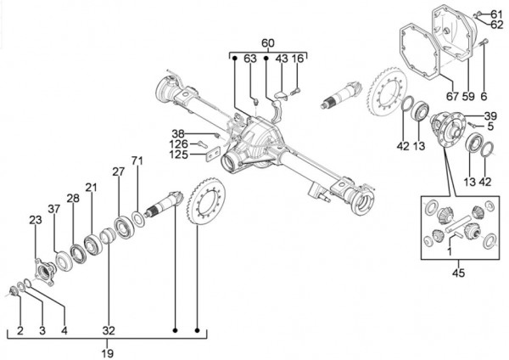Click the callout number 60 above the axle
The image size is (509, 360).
pyautogui.click(x=267, y=43)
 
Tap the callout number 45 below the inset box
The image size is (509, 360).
pyautogui.click(x=459, y=273)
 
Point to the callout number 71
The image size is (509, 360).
pyautogui.click(x=137, y=161)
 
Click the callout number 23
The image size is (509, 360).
pyautogui.click(x=35, y=221)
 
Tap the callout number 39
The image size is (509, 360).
pyautogui.click(x=489, y=116)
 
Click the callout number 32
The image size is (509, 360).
pyautogui.click(x=107, y=329)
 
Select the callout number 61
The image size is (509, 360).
pyautogui.click(x=495, y=12)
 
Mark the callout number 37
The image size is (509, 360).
pyautogui.click(x=54, y=209)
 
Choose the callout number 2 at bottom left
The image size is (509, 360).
pyautogui.click(x=20, y=329)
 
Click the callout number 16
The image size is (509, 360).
pyautogui.click(x=297, y=58)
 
